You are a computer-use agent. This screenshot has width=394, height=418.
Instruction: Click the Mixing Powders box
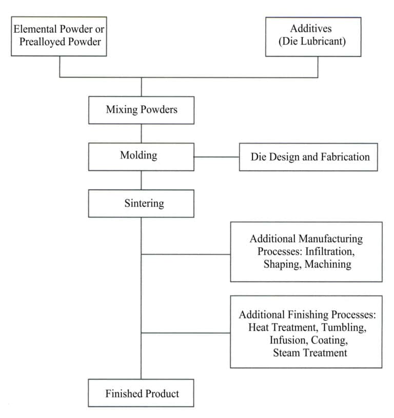point(141,110)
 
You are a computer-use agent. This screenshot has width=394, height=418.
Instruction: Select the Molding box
point(141,156)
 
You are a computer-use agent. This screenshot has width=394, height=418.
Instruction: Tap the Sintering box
point(141,203)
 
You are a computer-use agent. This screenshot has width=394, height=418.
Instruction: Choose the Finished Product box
point(141,393)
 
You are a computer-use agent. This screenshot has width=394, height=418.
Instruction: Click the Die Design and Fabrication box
point(308,157)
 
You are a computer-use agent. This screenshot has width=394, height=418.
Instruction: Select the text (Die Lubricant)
point(312,42)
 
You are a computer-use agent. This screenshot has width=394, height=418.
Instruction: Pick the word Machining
point(330,265)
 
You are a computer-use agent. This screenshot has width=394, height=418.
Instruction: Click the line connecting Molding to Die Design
point(216,157)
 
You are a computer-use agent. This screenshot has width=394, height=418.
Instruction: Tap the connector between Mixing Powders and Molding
point(141,133)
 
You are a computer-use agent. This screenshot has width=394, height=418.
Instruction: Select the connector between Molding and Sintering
point(141,180)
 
